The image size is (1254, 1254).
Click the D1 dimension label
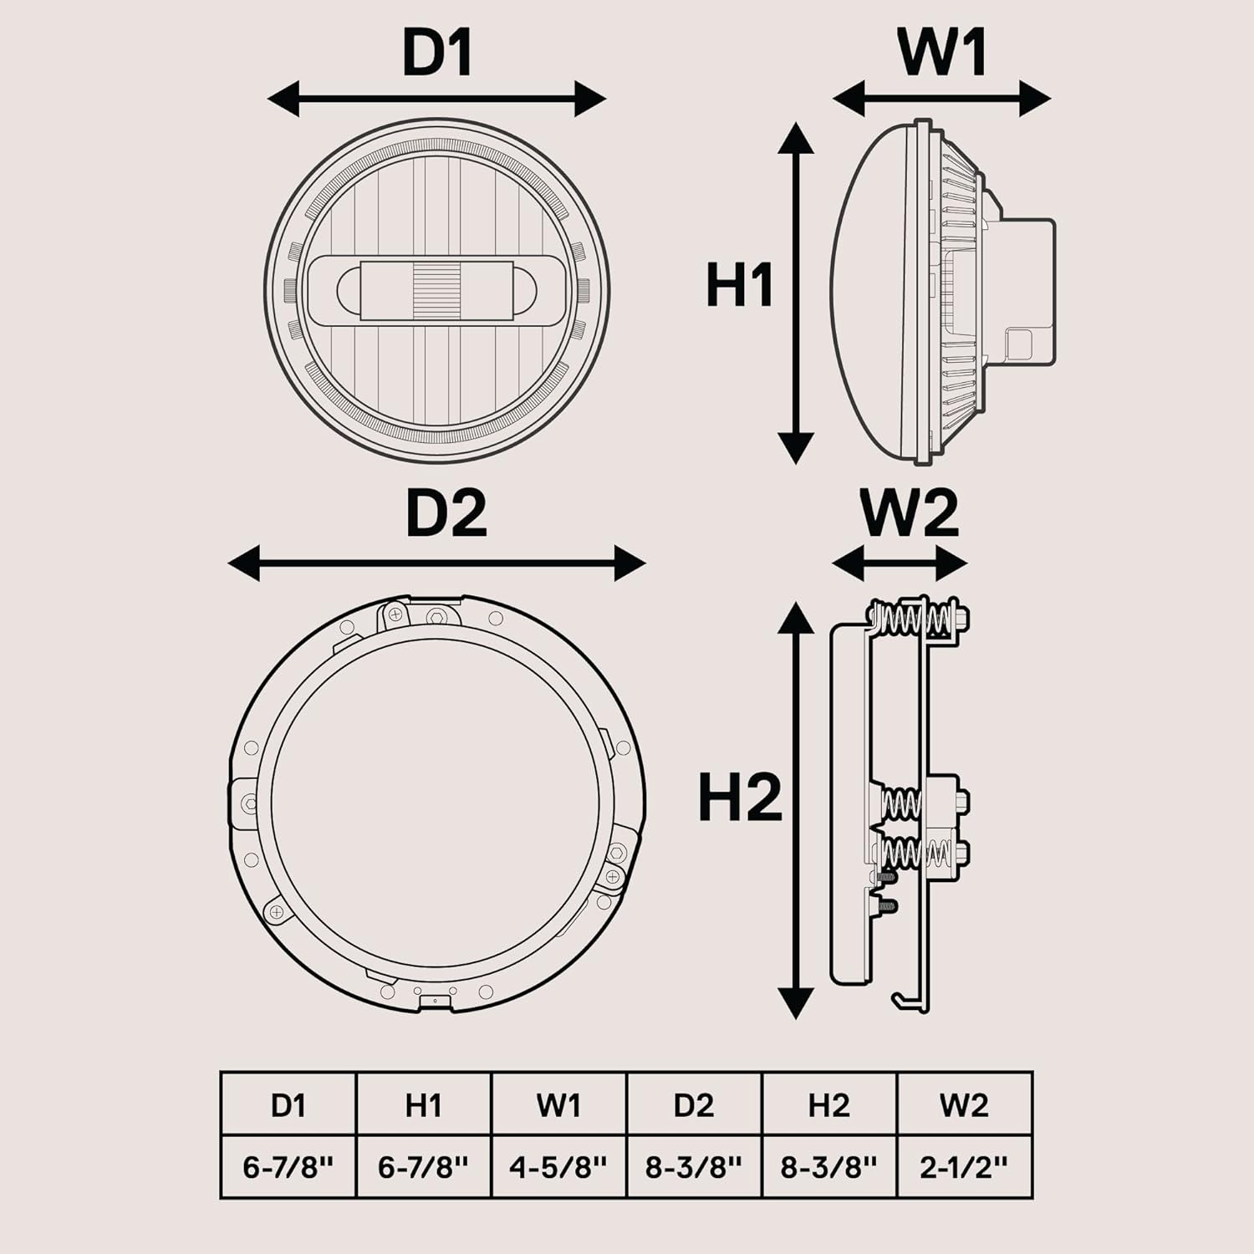point(437,53)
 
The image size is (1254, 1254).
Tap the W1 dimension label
point(942,53)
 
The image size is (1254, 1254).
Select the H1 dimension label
point(739,285)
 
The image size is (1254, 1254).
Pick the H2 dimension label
point(739,797)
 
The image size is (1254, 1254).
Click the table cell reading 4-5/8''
point(558,1166)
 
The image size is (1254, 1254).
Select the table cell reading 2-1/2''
point(964,1166)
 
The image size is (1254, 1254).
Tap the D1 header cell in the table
point(288,1104)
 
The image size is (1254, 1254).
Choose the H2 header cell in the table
point(828,1104)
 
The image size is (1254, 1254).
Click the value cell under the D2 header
point(694,1166)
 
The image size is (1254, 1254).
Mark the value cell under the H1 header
point(423,1166)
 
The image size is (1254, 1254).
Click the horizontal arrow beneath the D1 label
point(436,99)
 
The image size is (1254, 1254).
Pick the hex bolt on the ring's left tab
point(248,803)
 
